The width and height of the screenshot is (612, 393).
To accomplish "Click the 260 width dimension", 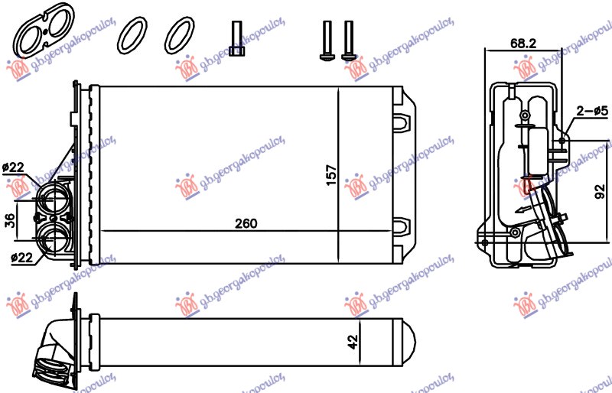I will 246,223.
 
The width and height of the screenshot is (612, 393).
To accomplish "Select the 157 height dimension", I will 331,174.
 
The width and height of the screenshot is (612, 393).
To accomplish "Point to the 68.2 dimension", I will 522,44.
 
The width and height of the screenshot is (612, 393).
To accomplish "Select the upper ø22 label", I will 14,167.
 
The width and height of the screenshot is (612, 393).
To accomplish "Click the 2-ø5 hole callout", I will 590,110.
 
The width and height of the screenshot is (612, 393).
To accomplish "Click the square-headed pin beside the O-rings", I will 237,40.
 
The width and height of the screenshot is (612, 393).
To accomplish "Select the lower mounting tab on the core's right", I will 404,227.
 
